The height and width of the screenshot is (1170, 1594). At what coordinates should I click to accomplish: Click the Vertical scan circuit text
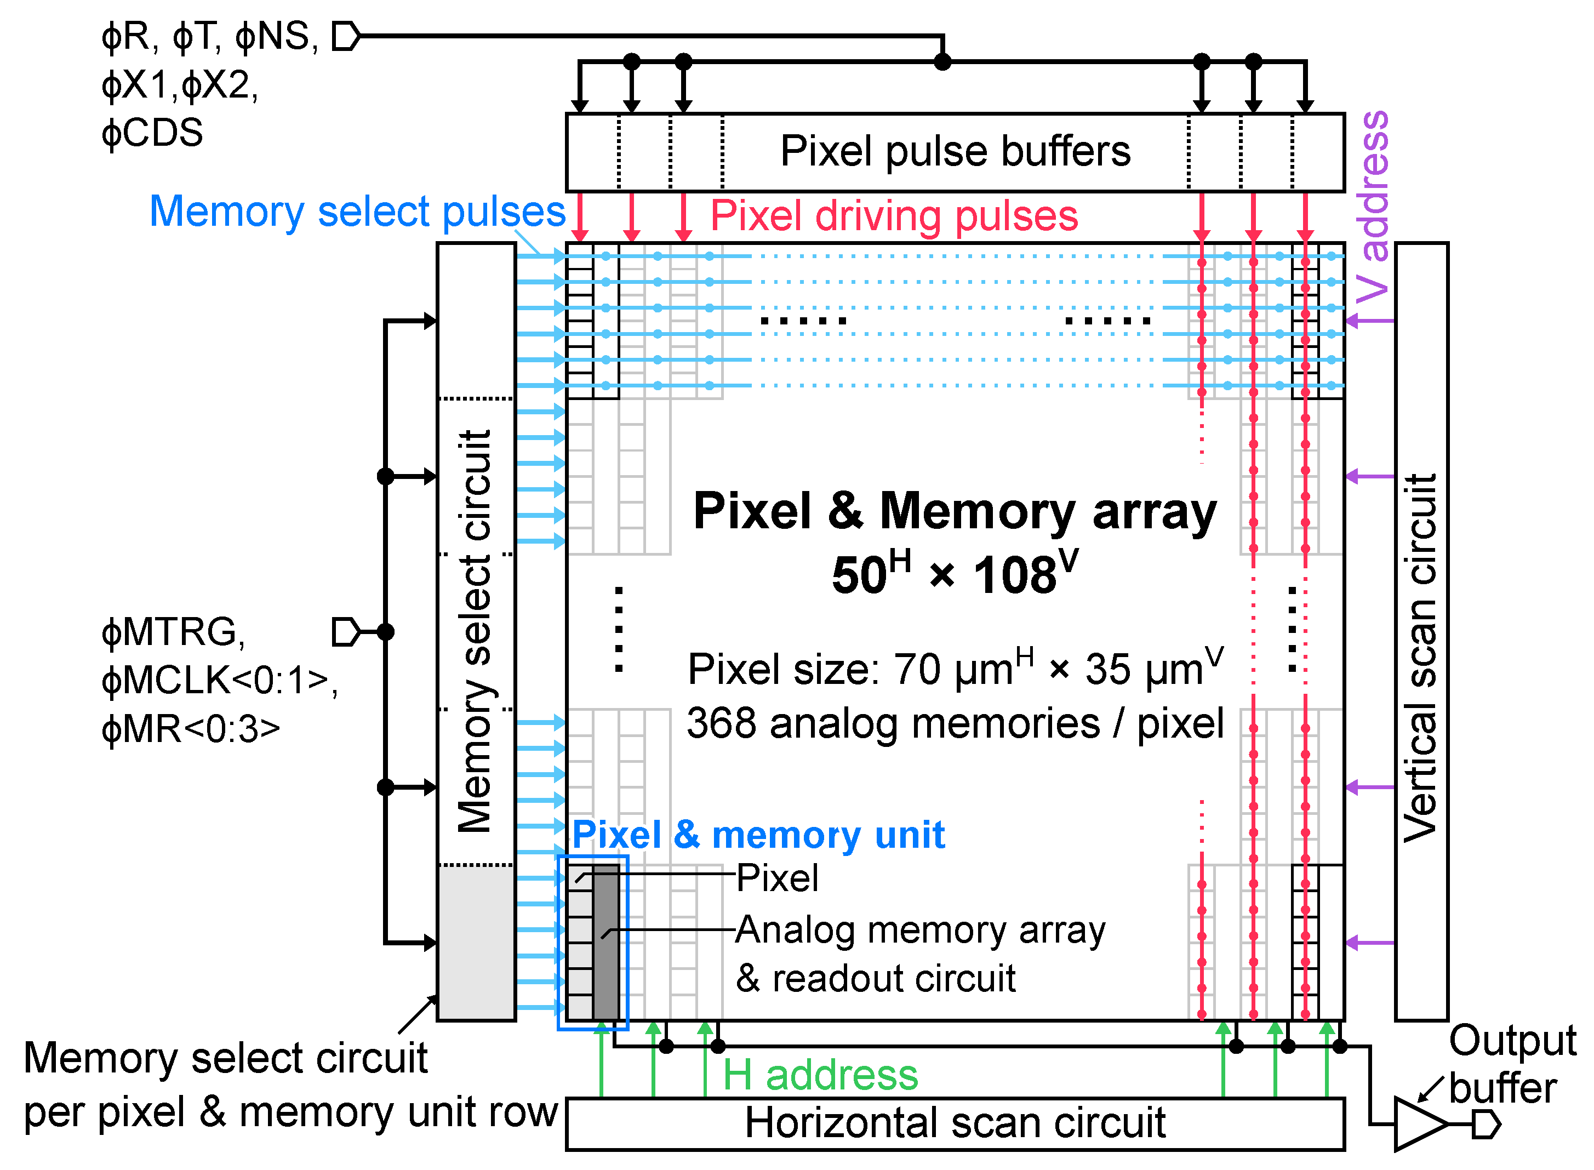(1420, 659)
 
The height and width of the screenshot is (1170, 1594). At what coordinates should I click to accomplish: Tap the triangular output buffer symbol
(1419, 1123)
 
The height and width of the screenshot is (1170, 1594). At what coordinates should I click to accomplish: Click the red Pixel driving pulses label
(894, 216)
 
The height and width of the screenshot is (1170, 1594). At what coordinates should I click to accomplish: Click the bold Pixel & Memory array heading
(955, 511)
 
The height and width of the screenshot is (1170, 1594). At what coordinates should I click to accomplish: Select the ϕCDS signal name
(152, 133)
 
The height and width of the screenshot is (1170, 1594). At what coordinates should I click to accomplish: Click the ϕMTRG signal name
(174, 632)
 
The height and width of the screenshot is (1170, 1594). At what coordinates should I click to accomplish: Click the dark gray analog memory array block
(606, 942)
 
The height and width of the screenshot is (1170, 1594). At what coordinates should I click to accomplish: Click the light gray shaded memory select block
(476, 942)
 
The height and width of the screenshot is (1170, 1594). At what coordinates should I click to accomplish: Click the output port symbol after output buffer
(1486, 1124)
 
